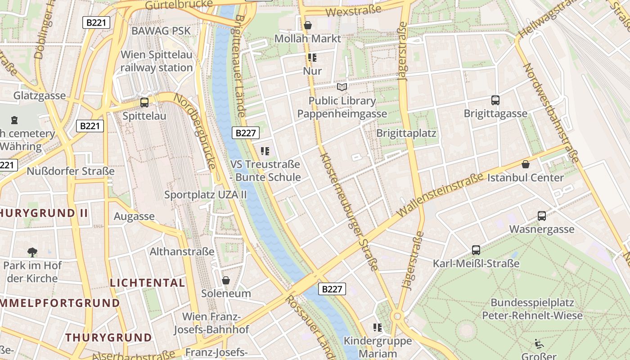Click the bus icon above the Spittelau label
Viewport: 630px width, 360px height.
pyautogui.click(x=144, y=103)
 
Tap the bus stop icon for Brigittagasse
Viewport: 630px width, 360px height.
pyautogui.click(x=495, y=100)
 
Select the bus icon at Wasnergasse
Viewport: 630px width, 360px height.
pyautogui.click(x=542, y=216)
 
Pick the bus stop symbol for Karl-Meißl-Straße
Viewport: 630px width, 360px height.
pyautogui.click(x=476, y=250)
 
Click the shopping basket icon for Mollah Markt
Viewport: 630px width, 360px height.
pyautogui.click(x=308, y=25)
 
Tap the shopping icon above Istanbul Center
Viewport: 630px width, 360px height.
pyautogui.click(x=525, y=164)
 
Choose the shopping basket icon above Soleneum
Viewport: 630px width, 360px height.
pyautogui.click(x=226, y=280)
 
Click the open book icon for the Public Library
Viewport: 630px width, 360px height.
pyautogui.click(x=342, y=87)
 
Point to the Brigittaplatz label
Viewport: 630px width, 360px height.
pyautogui.click(x=406, y=133)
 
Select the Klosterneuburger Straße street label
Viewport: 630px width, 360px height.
pyautogui.click(x=349, y=211)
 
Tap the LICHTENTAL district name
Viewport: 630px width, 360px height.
pyautogui.click(x=148, y=283)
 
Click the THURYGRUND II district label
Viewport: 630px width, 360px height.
pyautogui.click(x=44, y=213)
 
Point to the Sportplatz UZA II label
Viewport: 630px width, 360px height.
pyautogui.click(x=206, y=195)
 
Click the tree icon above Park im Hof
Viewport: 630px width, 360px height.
pyautogui.click(x=32, y=252)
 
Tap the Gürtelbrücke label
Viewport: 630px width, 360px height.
pyautogui.click(x=179, y=5)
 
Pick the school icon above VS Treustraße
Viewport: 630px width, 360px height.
pyautogui.click(x=265, y=151)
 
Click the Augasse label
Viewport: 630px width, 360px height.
pyautogui.click(x=134, y=216)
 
